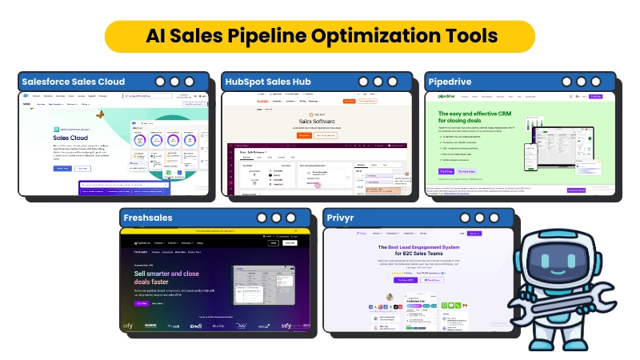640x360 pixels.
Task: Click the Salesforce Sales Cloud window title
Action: pos(74,82)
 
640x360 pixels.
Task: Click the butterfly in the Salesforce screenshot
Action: pos(101,114)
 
